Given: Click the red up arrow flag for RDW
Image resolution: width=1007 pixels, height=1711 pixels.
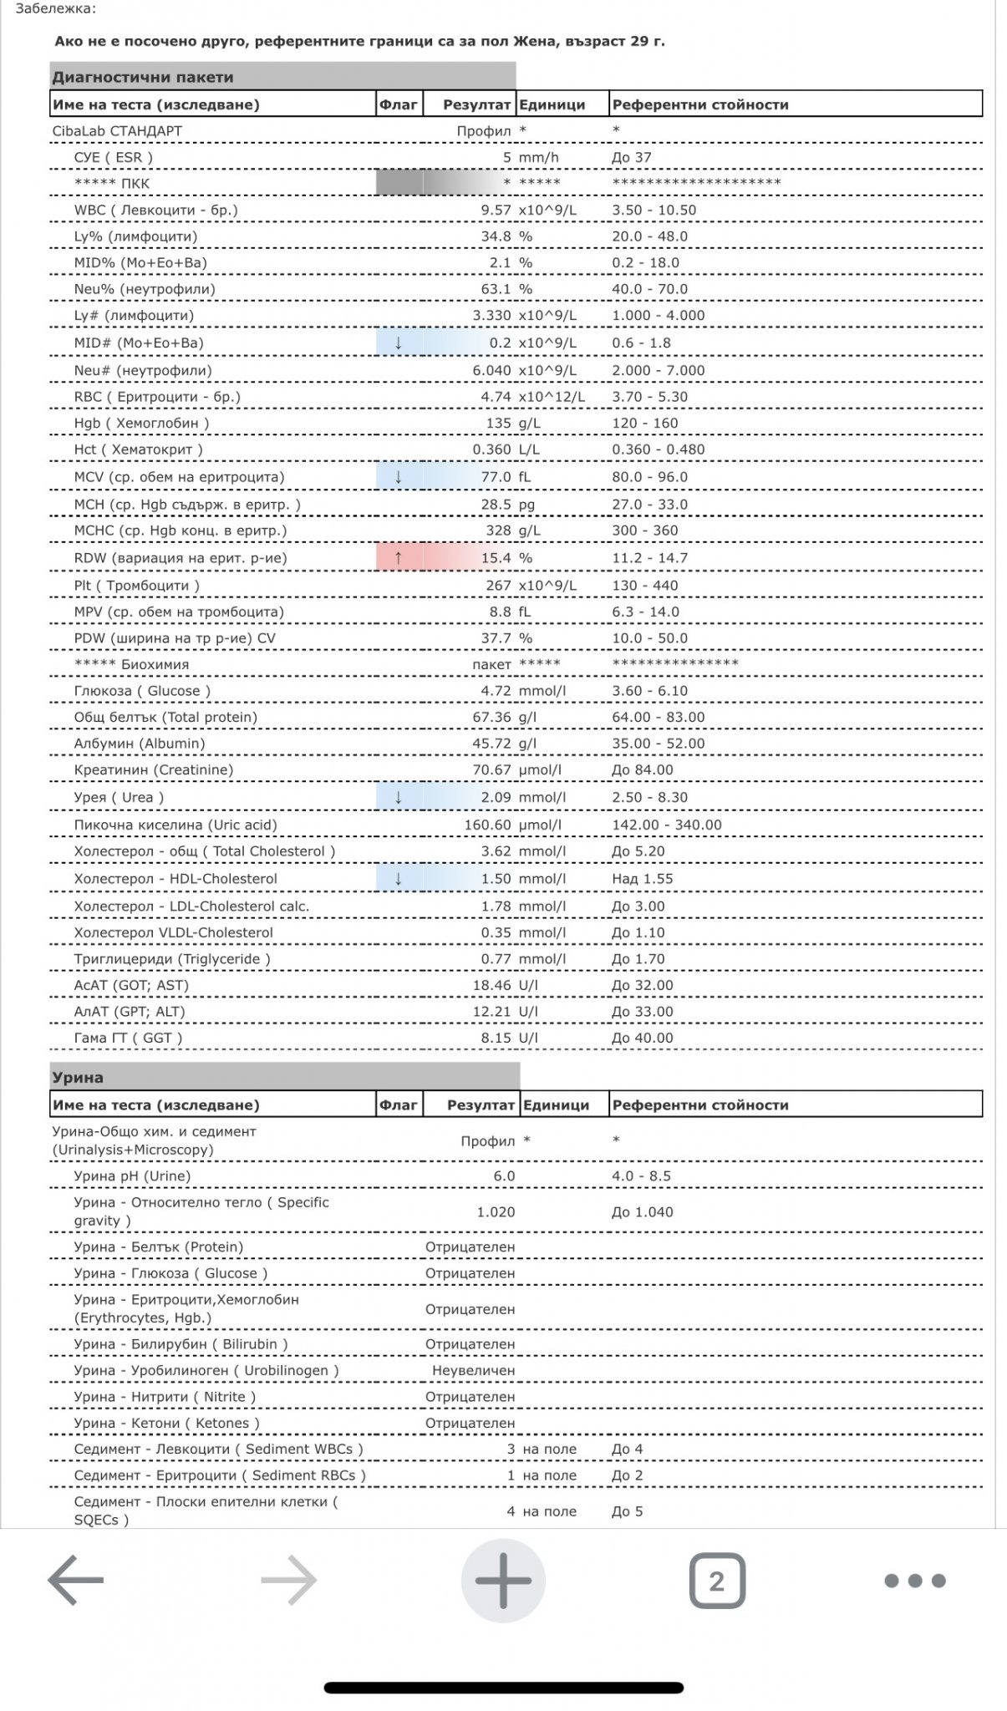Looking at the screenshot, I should [x=399, y=558].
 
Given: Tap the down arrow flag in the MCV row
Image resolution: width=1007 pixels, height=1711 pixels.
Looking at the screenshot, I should [x=399, y=477].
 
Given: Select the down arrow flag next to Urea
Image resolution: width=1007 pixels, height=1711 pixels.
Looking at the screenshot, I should [x=399, y=797].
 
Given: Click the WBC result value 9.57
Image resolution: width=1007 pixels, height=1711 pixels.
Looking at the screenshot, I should [x=496, y=211].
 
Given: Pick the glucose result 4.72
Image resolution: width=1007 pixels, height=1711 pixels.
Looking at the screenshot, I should [x=496, y=691].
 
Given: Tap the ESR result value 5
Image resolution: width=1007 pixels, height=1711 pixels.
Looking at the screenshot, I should [x=506, y=158].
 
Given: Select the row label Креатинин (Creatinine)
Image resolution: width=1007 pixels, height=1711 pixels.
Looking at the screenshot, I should [x=154, y=770].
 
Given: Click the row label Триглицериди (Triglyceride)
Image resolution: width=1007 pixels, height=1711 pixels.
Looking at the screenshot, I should [x=172, y=959].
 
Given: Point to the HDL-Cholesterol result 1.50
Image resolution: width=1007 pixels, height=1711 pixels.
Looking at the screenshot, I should [x=496, y=879].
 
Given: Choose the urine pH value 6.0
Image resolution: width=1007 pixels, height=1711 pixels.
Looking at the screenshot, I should [x=504, y=1176].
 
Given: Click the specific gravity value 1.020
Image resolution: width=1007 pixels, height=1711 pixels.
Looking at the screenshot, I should [x=496, y=1212].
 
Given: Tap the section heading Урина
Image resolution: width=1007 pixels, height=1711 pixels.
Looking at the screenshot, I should [x=78, y=1078].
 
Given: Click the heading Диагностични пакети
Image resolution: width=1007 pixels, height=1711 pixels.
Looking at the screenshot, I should [x=143, y=78].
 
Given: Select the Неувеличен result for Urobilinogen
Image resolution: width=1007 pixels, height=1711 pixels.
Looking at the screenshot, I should [x=473, y=1371].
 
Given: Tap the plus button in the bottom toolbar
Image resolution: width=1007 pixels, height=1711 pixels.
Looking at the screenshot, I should [x=503, y=1581].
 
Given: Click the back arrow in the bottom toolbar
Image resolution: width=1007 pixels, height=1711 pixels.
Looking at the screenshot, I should [x=76, y=1581].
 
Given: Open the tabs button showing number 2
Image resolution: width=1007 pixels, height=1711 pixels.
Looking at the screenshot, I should [x=716, y=1581].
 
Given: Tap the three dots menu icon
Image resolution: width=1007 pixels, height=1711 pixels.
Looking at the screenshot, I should [x=914, y=1581].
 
